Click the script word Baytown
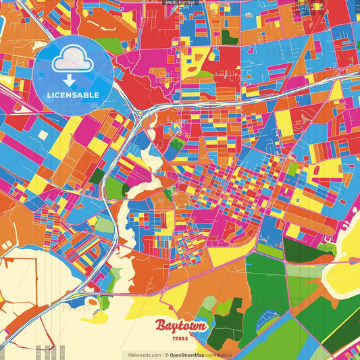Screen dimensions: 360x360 coord(180,326)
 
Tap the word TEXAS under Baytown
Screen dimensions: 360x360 coord(180,338)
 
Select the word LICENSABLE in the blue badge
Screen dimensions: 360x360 coord(73,95)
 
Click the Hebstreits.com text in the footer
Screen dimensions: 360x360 coord(143,355)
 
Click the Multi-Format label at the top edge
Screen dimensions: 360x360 coord(180,3)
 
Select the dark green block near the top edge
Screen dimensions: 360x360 coord(230,37)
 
